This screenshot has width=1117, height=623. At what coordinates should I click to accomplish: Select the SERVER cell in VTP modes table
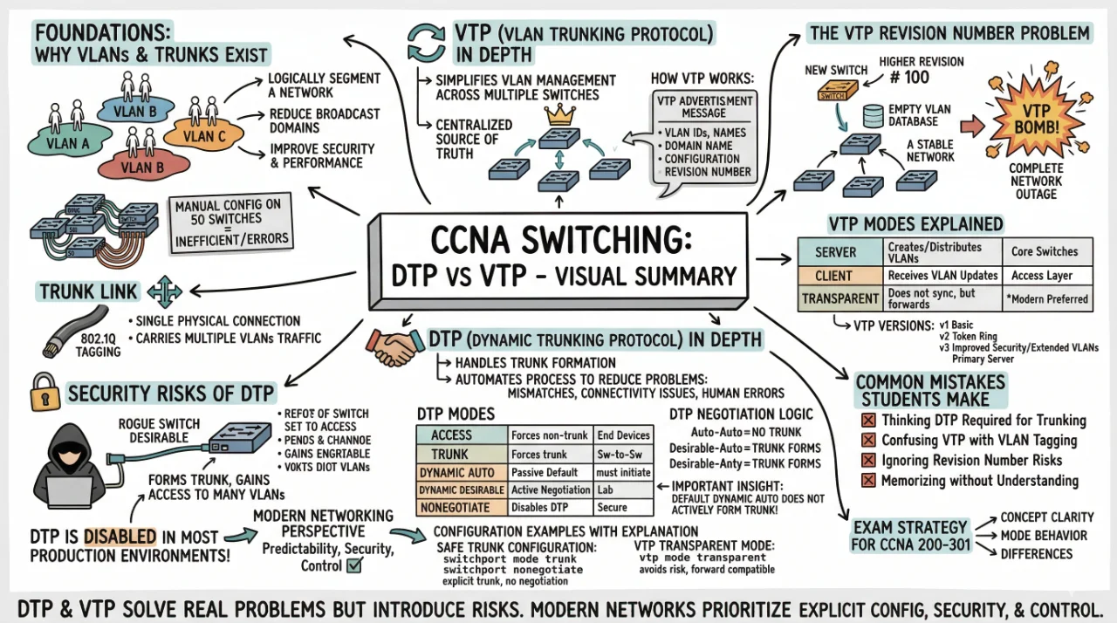[x=835, y=251]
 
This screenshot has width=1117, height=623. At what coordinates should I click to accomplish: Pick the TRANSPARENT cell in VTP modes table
[x=835, y=298]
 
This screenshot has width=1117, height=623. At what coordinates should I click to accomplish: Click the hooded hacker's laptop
[x=70, y=490]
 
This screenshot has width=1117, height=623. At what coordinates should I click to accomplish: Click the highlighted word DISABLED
[x=120, y=536]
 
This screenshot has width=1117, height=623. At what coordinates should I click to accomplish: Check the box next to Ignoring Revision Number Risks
[x=867, y=461]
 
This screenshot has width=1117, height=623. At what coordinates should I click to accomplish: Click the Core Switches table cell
[x=1044, y=251]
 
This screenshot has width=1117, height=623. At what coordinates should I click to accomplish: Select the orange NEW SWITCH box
[x=832, y=95]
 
